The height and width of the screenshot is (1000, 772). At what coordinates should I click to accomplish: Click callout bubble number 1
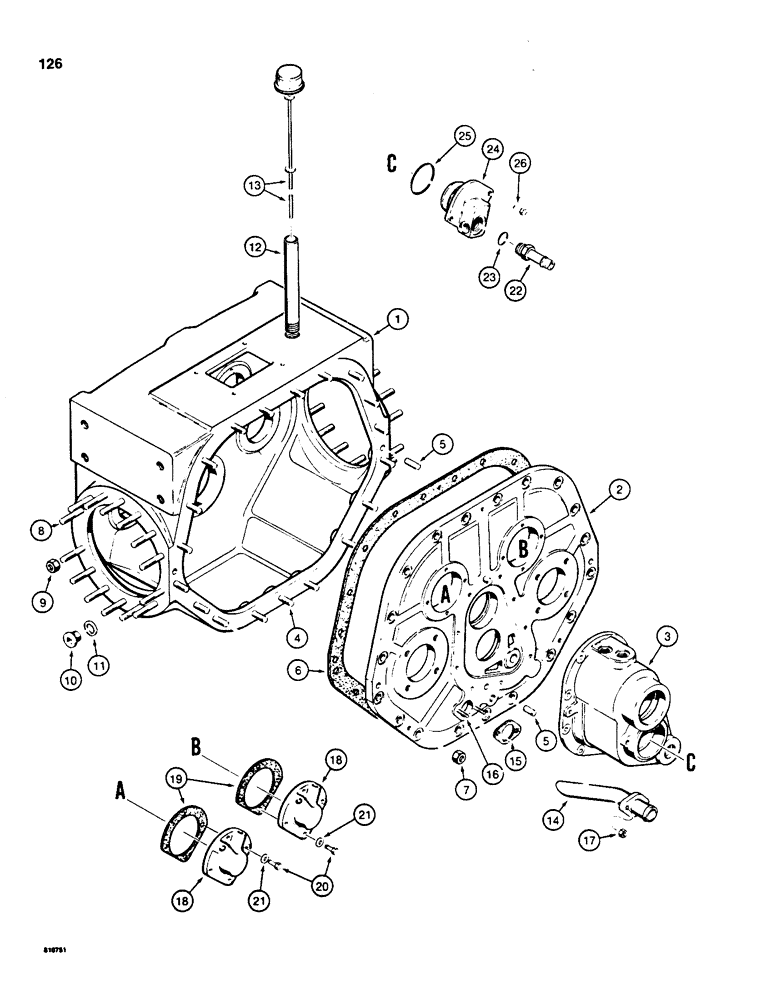tap(397, 319)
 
